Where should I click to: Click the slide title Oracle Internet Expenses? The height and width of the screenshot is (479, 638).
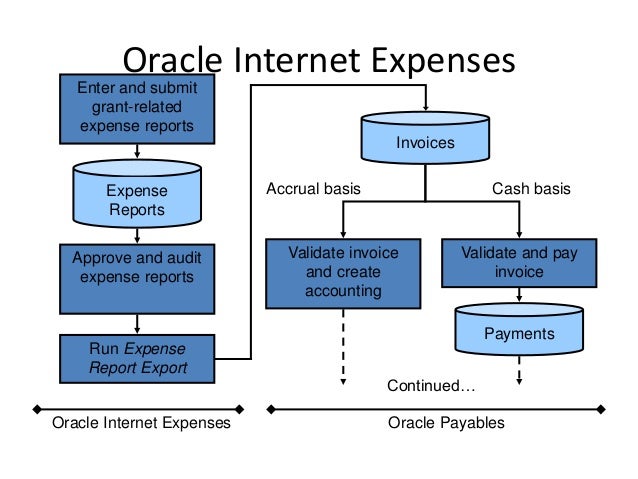pos(317,60)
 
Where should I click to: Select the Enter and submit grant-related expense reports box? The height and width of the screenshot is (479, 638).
pos(137,108)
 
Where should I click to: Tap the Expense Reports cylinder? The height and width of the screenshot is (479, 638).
pos(137,199)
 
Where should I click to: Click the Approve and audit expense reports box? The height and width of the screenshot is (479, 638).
pos(137,277)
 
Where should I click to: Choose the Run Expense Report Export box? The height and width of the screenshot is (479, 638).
pos(137,358)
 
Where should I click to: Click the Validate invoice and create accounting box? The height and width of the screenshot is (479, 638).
pos(343,271)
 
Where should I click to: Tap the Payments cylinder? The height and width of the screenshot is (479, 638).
pos(518,333)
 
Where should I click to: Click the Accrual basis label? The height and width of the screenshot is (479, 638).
pos(313,188)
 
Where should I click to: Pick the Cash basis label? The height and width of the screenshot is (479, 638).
pos(531,188)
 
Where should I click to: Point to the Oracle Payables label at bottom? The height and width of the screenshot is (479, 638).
pos(445,423)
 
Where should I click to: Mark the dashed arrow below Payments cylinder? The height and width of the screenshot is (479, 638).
pos(519,373)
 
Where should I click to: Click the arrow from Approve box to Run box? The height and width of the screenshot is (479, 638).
pos(137,322)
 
